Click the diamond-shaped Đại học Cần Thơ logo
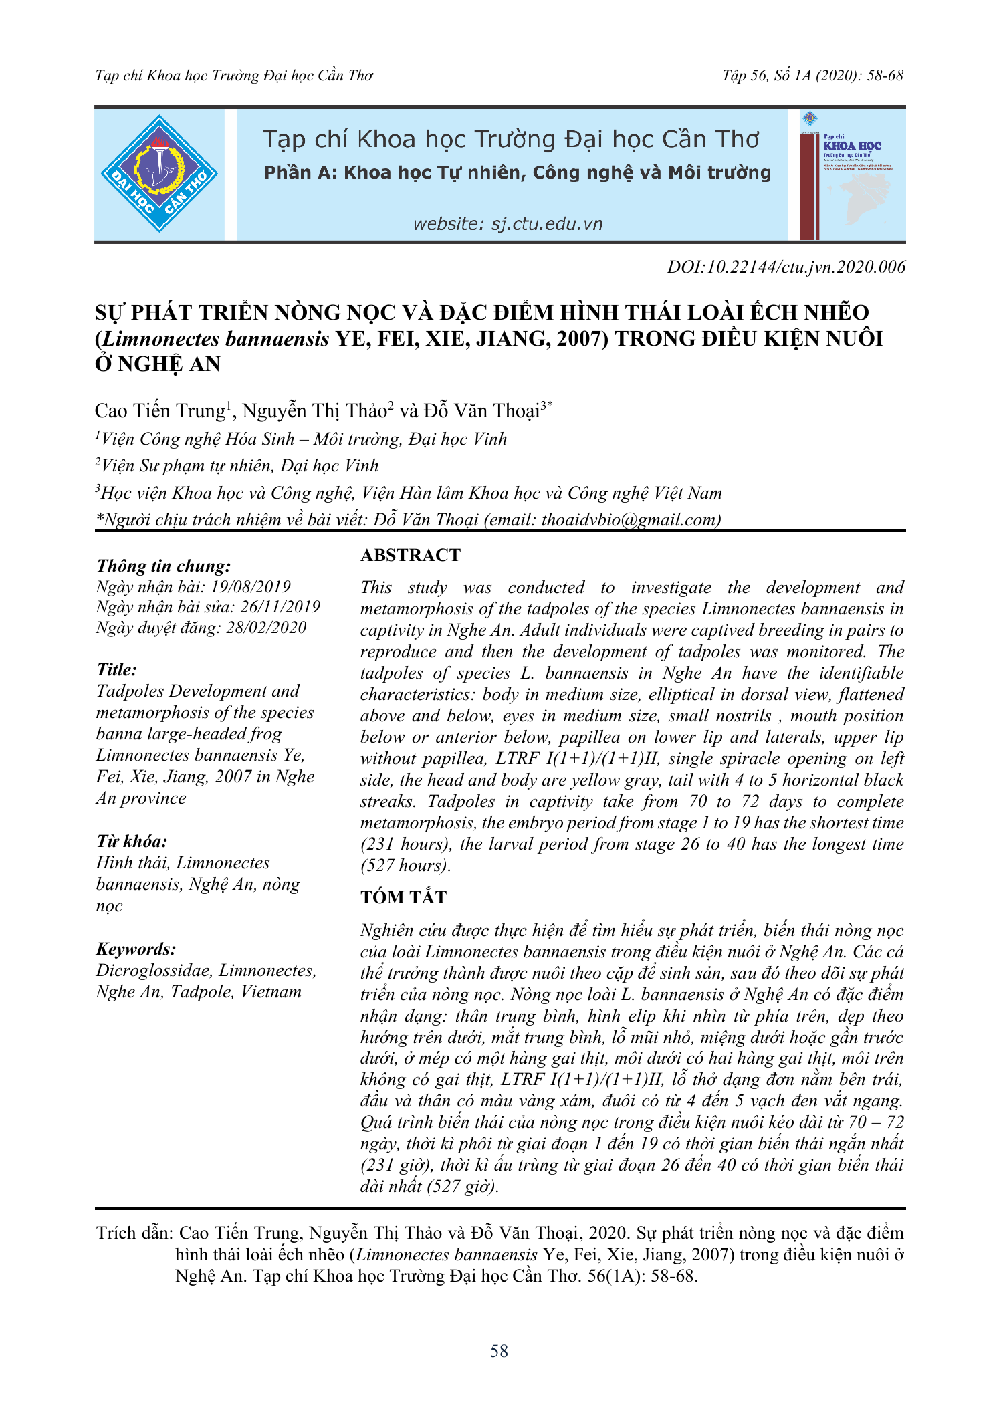(159, 174)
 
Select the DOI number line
(786, 267)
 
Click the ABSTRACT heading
(411, 555)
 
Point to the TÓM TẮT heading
(403, 897)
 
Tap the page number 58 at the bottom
(499, 1351)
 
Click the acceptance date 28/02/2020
(266, 627)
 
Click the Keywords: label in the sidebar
(136, 949)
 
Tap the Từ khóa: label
(132, 841)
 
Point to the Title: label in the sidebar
(117, 669)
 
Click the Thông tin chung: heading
(164, 566)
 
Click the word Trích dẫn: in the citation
(135, 1233)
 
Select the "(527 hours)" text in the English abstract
(405, 865)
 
